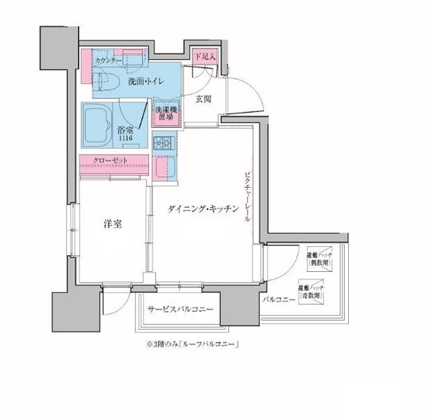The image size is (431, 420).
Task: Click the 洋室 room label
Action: pos(112,223)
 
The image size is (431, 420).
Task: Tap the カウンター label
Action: pos(108,61)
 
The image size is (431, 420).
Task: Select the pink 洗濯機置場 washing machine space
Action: pos(166,114)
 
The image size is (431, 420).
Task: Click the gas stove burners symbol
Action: pos(164,143)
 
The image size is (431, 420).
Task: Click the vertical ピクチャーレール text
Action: pos(247,196)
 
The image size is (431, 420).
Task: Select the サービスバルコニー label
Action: pos(180,310)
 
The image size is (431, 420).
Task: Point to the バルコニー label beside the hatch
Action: pos(279,300)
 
